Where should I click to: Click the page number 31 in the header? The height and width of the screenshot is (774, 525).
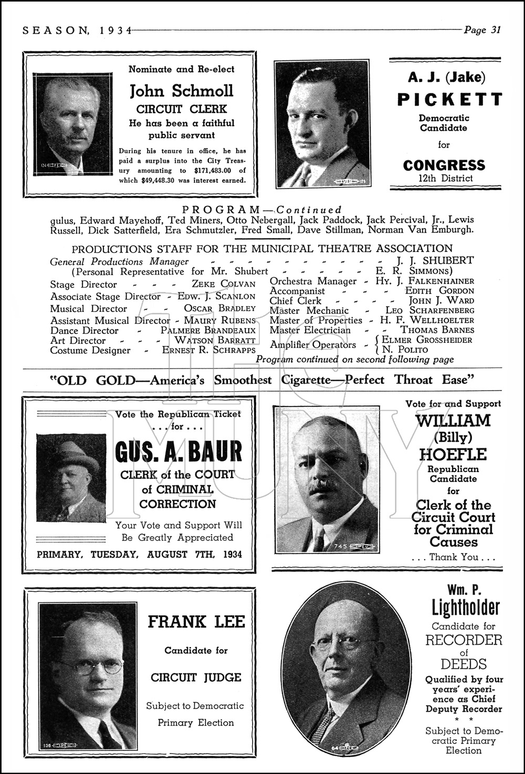pos(496,30)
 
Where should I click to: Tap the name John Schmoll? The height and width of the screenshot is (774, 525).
pos(182,91)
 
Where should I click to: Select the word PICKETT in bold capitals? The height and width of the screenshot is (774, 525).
pos(449,99)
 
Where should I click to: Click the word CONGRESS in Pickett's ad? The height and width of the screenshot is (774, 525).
pos(444,165)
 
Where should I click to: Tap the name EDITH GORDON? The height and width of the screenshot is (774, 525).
pos(439,291)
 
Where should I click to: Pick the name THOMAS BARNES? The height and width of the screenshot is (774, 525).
pos(437,330)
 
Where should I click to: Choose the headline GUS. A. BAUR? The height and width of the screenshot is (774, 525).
pos(178,452)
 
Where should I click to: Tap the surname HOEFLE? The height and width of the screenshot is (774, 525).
pos(453,454)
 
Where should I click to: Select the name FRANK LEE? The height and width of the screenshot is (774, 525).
pos(196,622)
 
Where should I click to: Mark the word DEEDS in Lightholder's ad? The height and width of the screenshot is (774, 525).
pos(463,664)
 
